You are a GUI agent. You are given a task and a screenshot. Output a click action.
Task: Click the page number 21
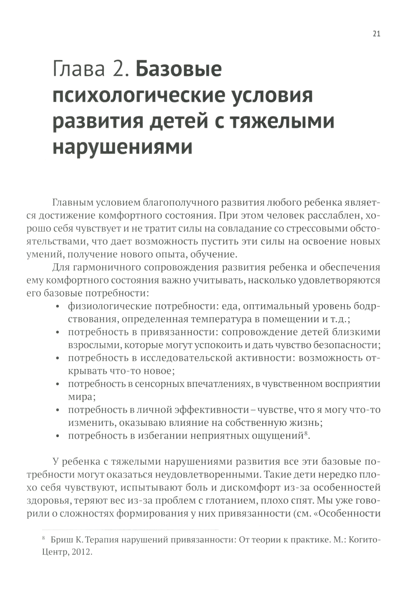[376, 34]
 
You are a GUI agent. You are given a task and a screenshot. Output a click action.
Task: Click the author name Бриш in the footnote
[61, 540]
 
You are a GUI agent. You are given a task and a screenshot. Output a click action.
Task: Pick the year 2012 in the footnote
[80, 552]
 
